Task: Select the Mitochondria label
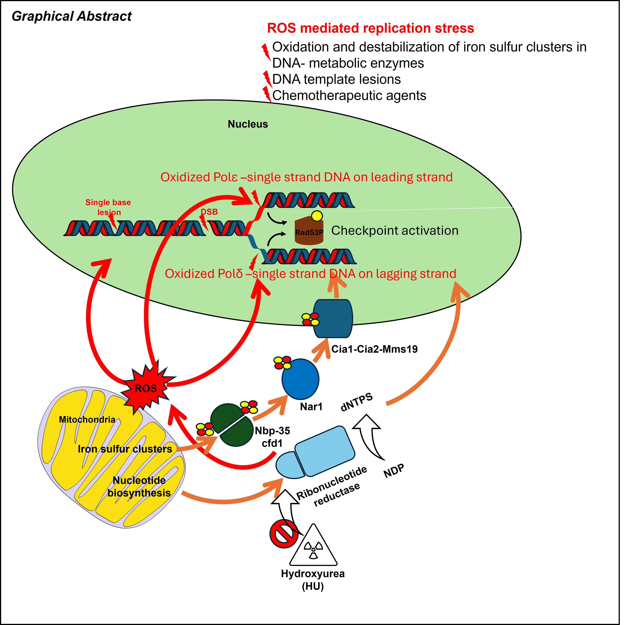pos(87,420)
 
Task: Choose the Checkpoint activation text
pos(395,230)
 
